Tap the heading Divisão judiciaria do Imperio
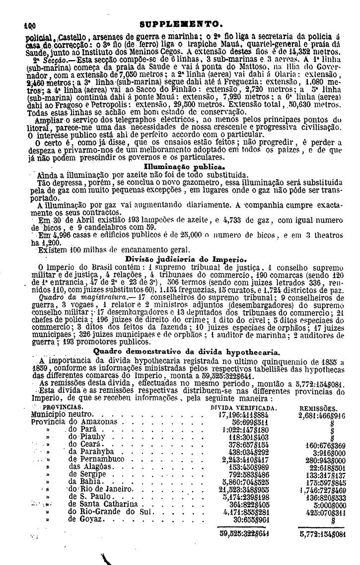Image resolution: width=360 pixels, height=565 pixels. coord(185,259)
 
